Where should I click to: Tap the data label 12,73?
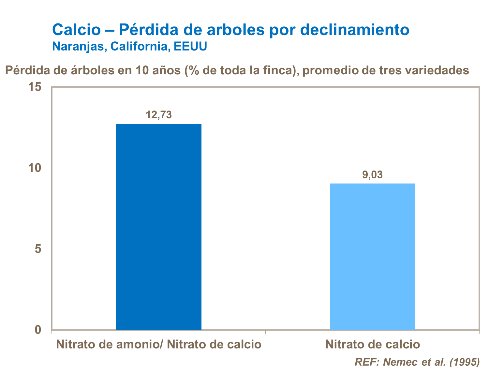159,115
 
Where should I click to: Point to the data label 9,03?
372,175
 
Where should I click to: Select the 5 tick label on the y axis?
38,249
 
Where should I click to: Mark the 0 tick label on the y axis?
38,330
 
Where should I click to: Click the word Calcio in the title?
77,30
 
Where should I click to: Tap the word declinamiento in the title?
354,30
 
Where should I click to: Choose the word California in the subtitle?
141,46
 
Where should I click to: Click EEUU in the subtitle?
190,46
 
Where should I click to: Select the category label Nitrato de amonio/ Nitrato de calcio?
159,345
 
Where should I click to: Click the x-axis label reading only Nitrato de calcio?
372,345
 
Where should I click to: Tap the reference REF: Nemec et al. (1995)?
417,362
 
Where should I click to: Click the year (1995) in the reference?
464,362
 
